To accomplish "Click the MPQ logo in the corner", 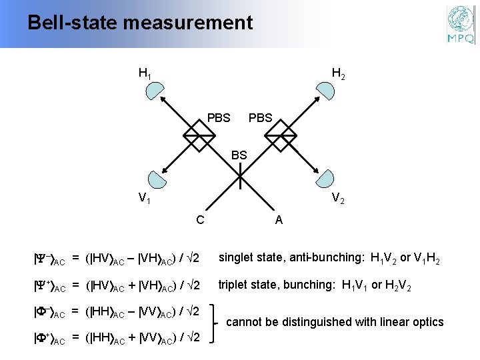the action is [460, 25].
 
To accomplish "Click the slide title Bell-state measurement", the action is [140, 23].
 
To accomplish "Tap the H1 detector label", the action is [145, 73].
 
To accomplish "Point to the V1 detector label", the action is [143, 198].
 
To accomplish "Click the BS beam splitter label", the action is [239, 155].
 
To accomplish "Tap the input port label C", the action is [199, 218].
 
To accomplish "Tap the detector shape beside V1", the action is [157, 179].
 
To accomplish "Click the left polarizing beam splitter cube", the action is [197, 139].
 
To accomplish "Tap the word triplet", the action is [235, 285].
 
